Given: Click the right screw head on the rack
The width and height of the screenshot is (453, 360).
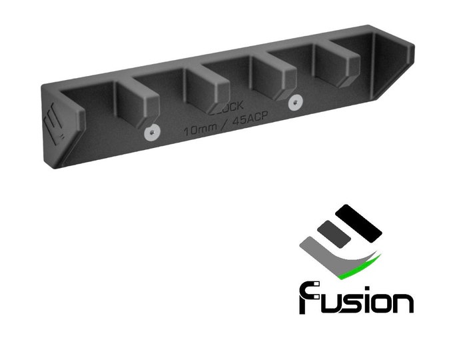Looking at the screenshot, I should (x=294, y=103).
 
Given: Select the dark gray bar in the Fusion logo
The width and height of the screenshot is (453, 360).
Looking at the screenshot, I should (x=330, y=233).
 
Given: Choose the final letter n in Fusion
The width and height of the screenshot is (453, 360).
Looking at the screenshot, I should (x=402, y=302).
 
